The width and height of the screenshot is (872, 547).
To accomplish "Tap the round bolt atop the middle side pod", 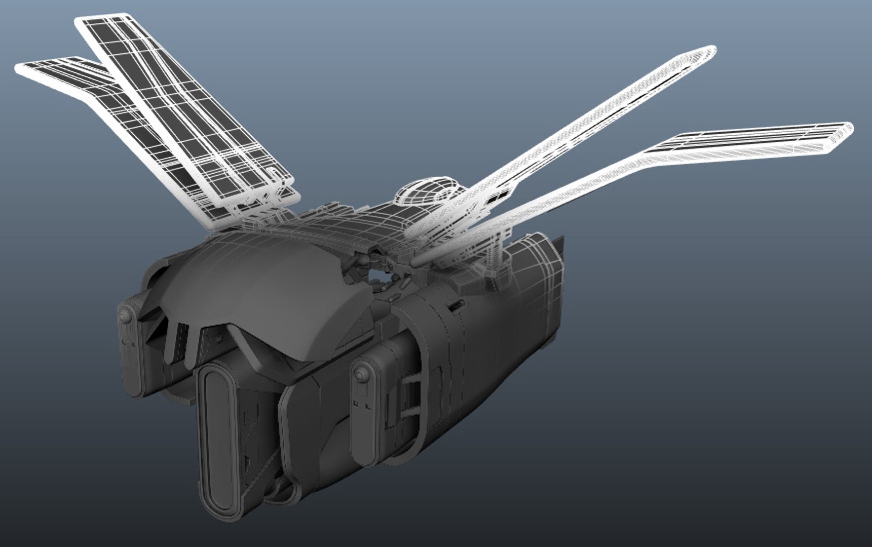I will coord(361,375).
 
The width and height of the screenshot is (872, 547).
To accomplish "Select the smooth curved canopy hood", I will coord(263,284).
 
